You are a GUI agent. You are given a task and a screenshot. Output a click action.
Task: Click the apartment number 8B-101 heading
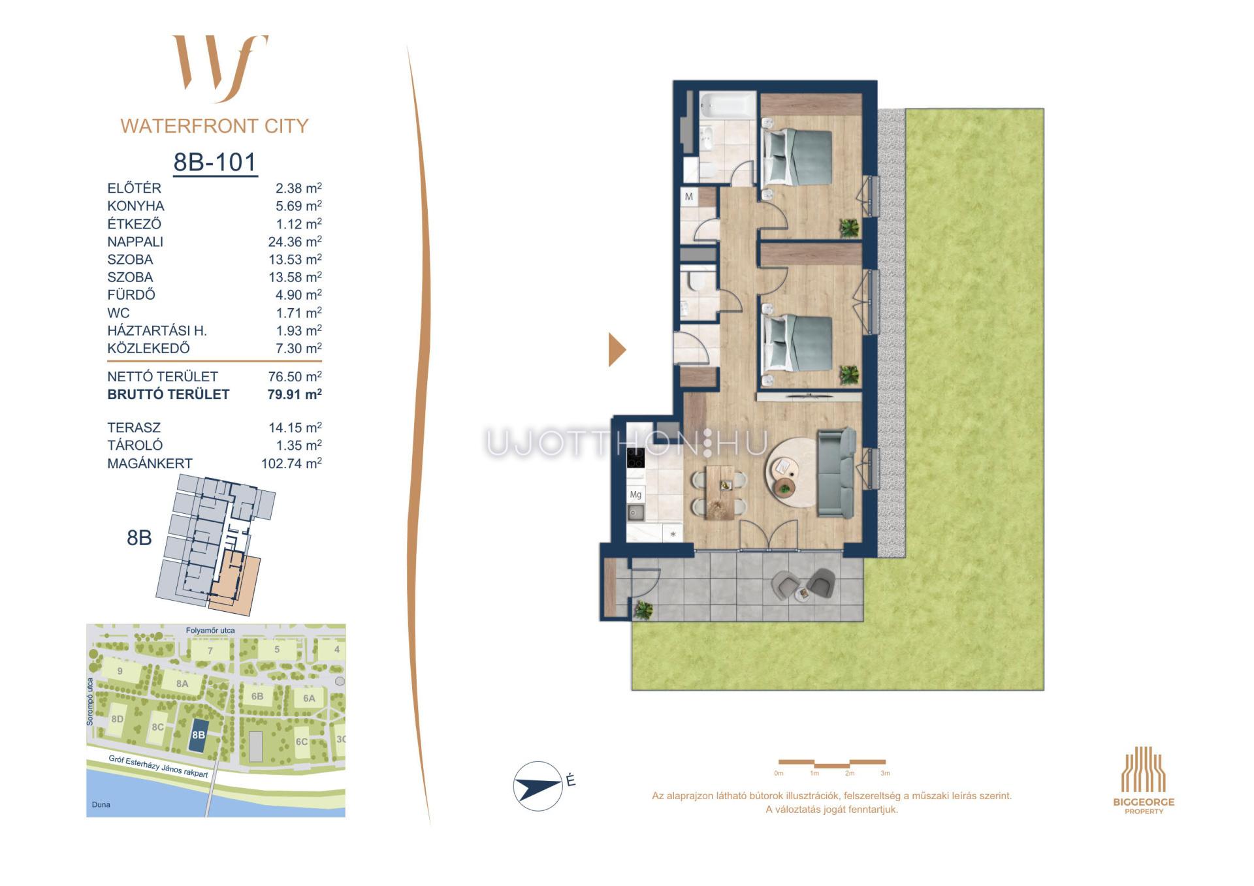[x=215, y=162]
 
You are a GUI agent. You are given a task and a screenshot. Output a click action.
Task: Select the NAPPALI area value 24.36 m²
[x=295, y=242]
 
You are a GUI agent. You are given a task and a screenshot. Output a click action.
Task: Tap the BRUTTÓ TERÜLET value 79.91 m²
[x=295, y=394]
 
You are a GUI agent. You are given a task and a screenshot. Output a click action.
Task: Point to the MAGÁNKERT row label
[x=150, y=464]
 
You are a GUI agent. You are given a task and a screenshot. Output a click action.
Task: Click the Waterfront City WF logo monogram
[x=220, y=69]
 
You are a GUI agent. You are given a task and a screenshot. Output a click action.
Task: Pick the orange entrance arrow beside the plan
[x=617, y=350]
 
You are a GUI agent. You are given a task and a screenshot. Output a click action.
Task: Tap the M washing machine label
[x=689, y=197]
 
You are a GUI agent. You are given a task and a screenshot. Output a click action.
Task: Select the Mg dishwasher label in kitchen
[x=635, y=495]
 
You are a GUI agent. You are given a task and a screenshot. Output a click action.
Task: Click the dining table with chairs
[x=719, y=492]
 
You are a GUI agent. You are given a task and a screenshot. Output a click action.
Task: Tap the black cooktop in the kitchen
[x=635, y=458]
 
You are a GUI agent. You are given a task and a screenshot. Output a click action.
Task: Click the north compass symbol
[x=538, y=786]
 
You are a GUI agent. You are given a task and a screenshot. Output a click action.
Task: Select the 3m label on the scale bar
[x=885, y=773]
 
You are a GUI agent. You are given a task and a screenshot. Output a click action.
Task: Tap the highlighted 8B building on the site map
[x=198, y=735]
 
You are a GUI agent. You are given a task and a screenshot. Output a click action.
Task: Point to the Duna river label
[x=101, y=804]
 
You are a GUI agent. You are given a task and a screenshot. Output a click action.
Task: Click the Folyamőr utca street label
[x=210, y=631]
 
